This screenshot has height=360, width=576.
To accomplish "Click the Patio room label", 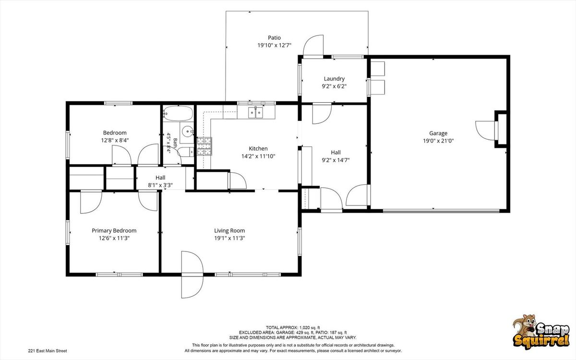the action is [275, 38].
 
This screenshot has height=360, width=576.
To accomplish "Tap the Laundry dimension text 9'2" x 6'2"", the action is [334, 86].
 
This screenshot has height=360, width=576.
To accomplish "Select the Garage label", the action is [438, 133].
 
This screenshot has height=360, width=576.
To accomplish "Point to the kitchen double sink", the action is [255, 113].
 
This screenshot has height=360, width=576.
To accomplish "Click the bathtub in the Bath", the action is [178, 113].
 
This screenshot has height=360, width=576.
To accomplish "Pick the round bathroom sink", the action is [188, 132].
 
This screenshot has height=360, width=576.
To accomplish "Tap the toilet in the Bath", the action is [186, 152].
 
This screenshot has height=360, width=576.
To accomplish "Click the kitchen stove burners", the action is [204, 146].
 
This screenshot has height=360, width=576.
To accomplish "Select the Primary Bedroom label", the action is [114, 231].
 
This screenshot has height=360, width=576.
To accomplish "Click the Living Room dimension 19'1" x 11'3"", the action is [229, 239].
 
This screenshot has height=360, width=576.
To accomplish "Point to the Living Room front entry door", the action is [192, 275].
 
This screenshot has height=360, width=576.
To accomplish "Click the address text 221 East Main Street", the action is [48, 351].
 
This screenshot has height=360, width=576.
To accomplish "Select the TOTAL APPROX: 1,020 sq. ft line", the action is [293, 327].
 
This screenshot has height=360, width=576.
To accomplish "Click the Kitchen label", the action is [258, 149].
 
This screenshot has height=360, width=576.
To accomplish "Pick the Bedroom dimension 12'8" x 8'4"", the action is [115, 140].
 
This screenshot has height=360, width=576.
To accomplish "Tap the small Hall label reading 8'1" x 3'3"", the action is [160, 185].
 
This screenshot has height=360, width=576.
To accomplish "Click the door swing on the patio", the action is [313, 45].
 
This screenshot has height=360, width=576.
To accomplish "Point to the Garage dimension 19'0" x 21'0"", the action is [438, 141].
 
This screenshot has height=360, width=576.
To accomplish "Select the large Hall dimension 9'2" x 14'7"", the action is [336, 160].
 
